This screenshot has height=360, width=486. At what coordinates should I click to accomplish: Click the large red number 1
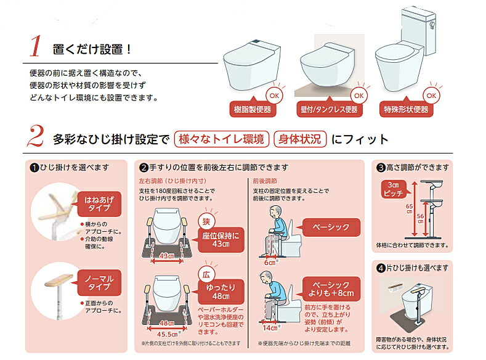[36, 47]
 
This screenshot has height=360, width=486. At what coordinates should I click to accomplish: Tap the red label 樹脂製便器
[253, 110]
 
